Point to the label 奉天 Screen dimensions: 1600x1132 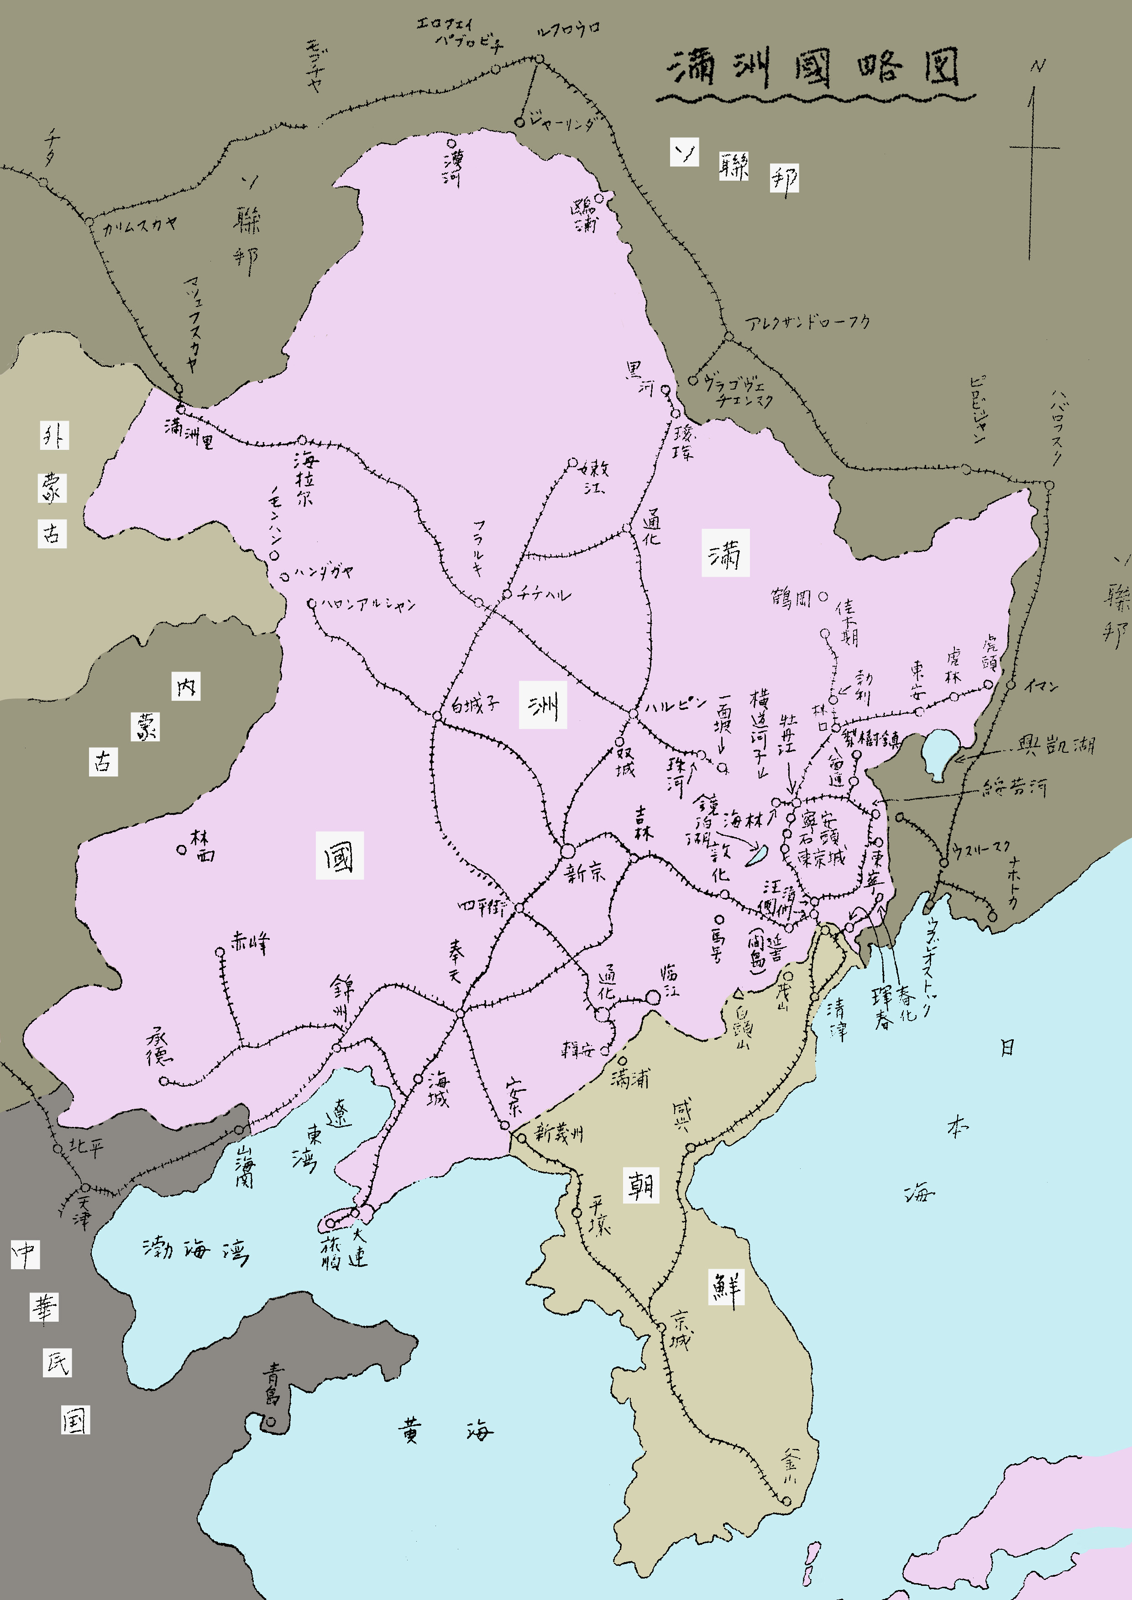pyautogui.click(x=455, y=962)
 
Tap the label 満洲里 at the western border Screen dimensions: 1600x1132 pyautogui.click(x=188, y=433)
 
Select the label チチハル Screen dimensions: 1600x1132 pyautogui.click(x=544, y=594)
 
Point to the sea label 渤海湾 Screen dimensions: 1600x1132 pyautogui.click(x=195, y=1248)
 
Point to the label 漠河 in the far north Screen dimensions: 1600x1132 pyautogui.click(x=452, y=168)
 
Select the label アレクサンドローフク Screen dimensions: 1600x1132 pyautogui.click(x=807, y=322)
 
